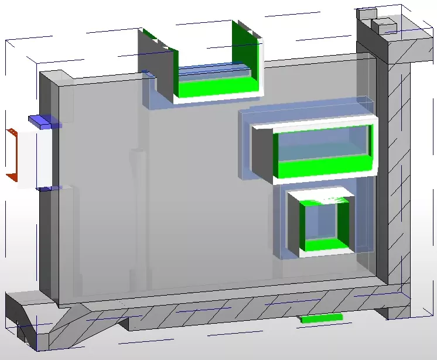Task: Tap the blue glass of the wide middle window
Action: tap(322, 146)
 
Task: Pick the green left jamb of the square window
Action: tap(303, 225)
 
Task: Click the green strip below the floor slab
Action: tap(321, 318)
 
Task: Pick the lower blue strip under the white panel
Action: tap(46, 188)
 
